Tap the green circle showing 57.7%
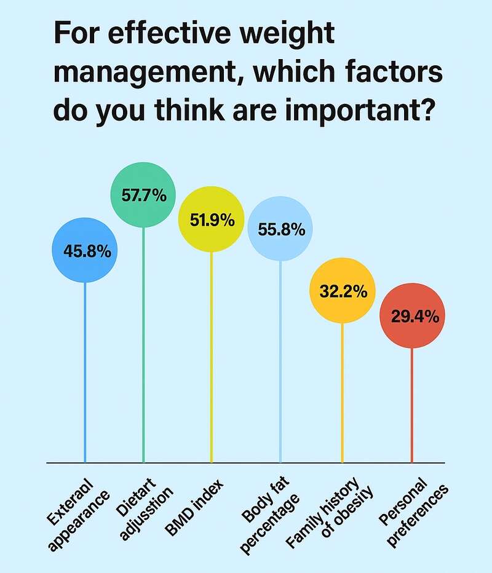point(143,196)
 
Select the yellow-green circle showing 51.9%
point(212,219)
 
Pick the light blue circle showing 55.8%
point(280,230)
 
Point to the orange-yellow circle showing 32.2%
point(342,291)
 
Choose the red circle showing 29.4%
point(411,317)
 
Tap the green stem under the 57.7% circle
point(143,344)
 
